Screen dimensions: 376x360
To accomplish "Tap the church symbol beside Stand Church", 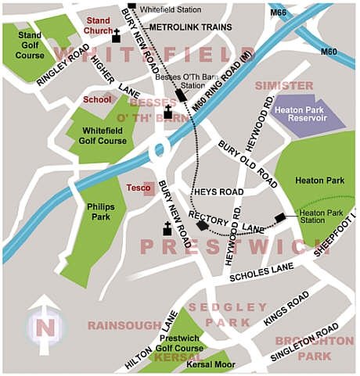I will tap(117, 36).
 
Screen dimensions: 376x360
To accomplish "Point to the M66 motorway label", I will tap(277, 12).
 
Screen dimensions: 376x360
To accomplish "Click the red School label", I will tap(98, 100).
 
